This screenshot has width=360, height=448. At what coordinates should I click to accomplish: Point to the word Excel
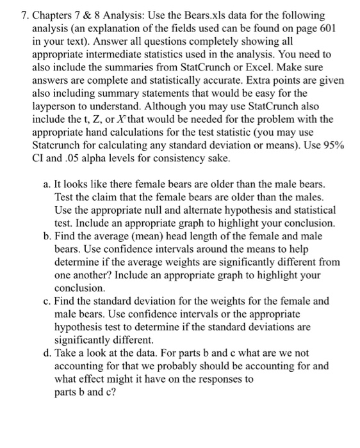257,69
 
